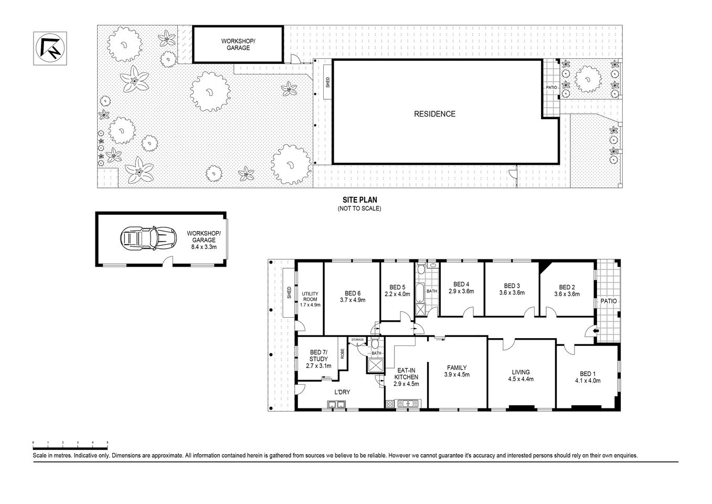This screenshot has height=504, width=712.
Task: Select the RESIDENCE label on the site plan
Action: coord(434,114)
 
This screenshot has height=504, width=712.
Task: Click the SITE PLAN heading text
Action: coord(359,199)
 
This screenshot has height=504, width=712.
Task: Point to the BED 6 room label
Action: coord(352,293)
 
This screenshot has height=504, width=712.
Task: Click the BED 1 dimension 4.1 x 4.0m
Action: coord(587,381)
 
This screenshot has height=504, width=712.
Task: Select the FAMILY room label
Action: coord(456,367)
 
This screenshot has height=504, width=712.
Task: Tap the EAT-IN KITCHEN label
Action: coord(406,373)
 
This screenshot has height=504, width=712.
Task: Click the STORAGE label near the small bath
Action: coord(357,340)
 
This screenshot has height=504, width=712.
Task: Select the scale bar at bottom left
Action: coord(70,444)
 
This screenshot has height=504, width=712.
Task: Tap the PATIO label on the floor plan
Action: coord(608,301)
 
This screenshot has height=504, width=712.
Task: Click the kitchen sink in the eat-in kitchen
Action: coord(407,404)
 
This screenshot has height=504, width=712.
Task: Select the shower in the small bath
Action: coord(376,368)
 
